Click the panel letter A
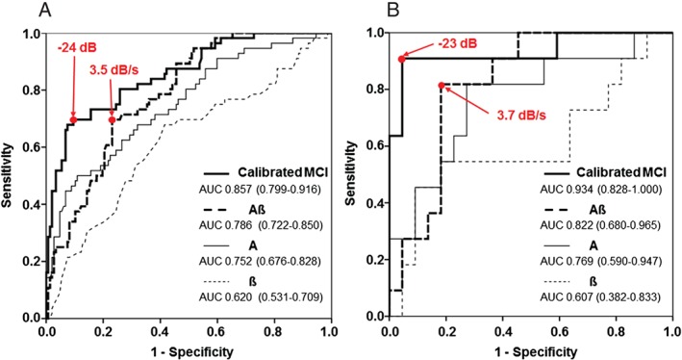click(x=13, y=11)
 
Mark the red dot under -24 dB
click(x=73, y=119)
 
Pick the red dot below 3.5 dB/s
click(x=113, y=119)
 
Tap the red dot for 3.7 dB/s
click(x=442, y=86)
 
